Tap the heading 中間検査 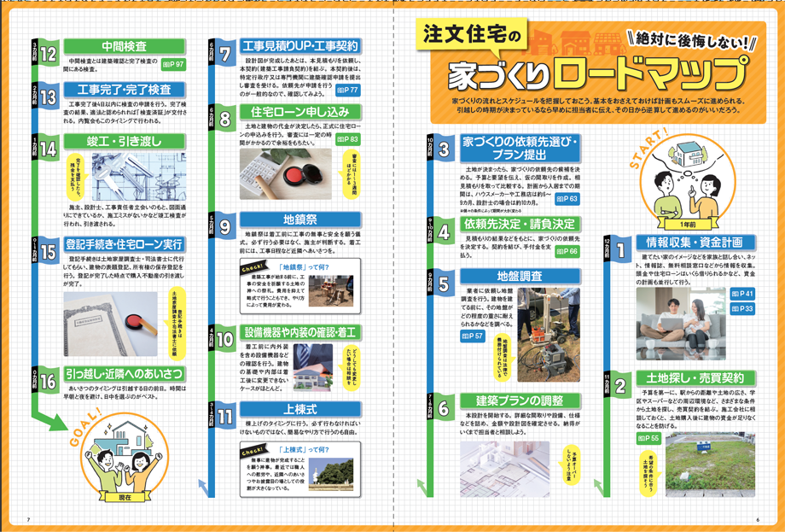tap(124, 46)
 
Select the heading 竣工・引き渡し tap(124, 141)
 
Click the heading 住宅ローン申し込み tap(300, 113)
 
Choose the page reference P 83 tap(347, 138)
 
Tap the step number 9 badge tap(224, 227)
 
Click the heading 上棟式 tap(300, 407)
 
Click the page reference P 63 tap(566, 199)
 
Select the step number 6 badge tap(444, 410)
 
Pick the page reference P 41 tap(742, 294)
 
